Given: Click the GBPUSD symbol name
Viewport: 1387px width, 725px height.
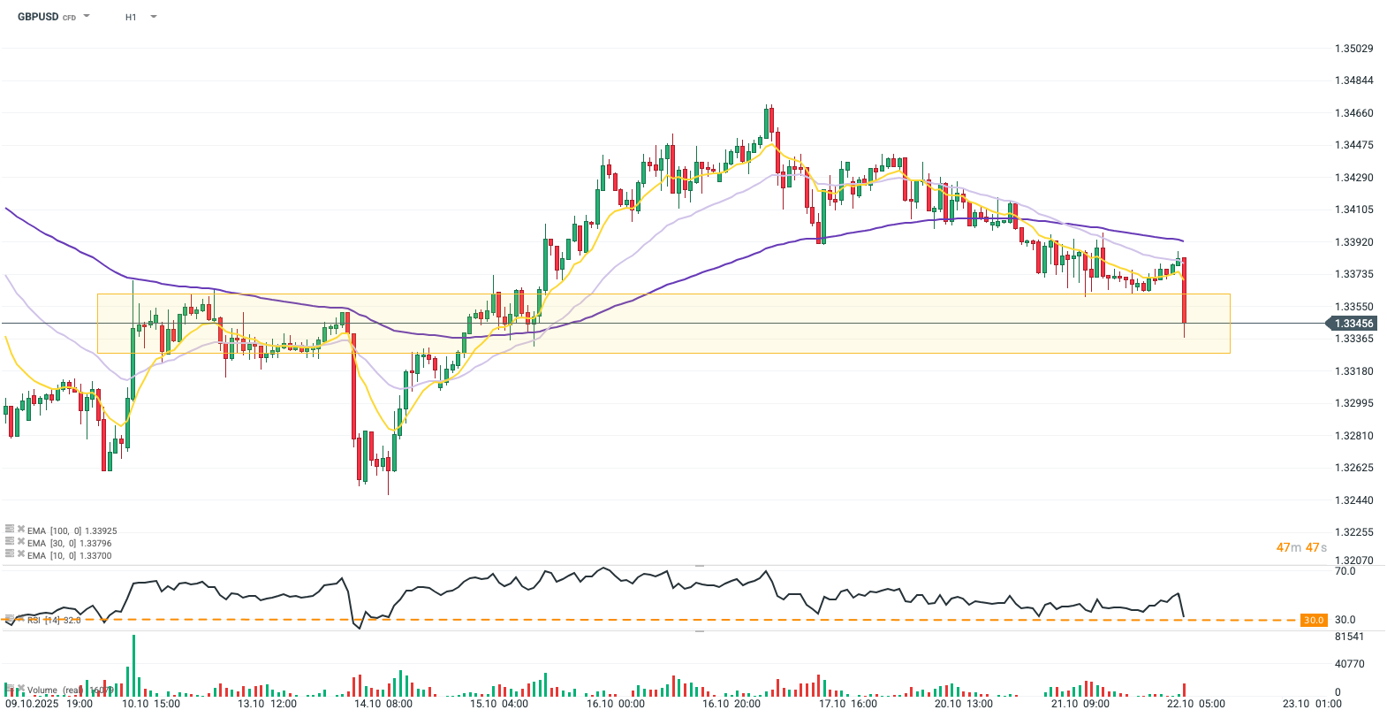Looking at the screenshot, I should tap(38, 17).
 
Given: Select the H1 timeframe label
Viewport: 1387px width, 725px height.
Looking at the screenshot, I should tap(131, 17).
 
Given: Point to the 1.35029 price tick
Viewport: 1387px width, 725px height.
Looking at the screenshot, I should tap(1353, 49).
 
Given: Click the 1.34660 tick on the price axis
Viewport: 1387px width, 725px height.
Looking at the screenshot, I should tap(1353, 113).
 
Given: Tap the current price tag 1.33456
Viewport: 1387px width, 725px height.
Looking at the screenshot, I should tap(1353, 324).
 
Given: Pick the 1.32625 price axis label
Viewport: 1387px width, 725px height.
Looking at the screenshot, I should tap(1353, 468).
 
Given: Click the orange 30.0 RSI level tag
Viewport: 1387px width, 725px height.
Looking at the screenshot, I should tap(1314, 620).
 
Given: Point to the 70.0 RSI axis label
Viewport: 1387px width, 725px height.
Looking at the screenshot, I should tap(1345, 571).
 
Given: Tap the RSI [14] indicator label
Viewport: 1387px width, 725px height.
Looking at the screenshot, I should tap(53, 620).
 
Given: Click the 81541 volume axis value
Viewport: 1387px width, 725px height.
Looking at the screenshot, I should tap(1349, 637).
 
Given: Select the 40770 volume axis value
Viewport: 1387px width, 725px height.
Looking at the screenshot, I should tap(1349, 664).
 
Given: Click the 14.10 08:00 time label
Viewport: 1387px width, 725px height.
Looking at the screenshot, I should tap(383, 704).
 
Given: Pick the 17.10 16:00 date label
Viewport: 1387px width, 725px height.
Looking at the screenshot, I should tap(848, 704).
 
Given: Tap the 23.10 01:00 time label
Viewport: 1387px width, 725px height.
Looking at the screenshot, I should tap(1312, 704).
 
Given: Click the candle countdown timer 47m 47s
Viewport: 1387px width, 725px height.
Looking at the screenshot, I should tap(1301, 547).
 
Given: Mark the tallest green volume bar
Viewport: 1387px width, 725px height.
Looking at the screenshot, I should tap(134, 665).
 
